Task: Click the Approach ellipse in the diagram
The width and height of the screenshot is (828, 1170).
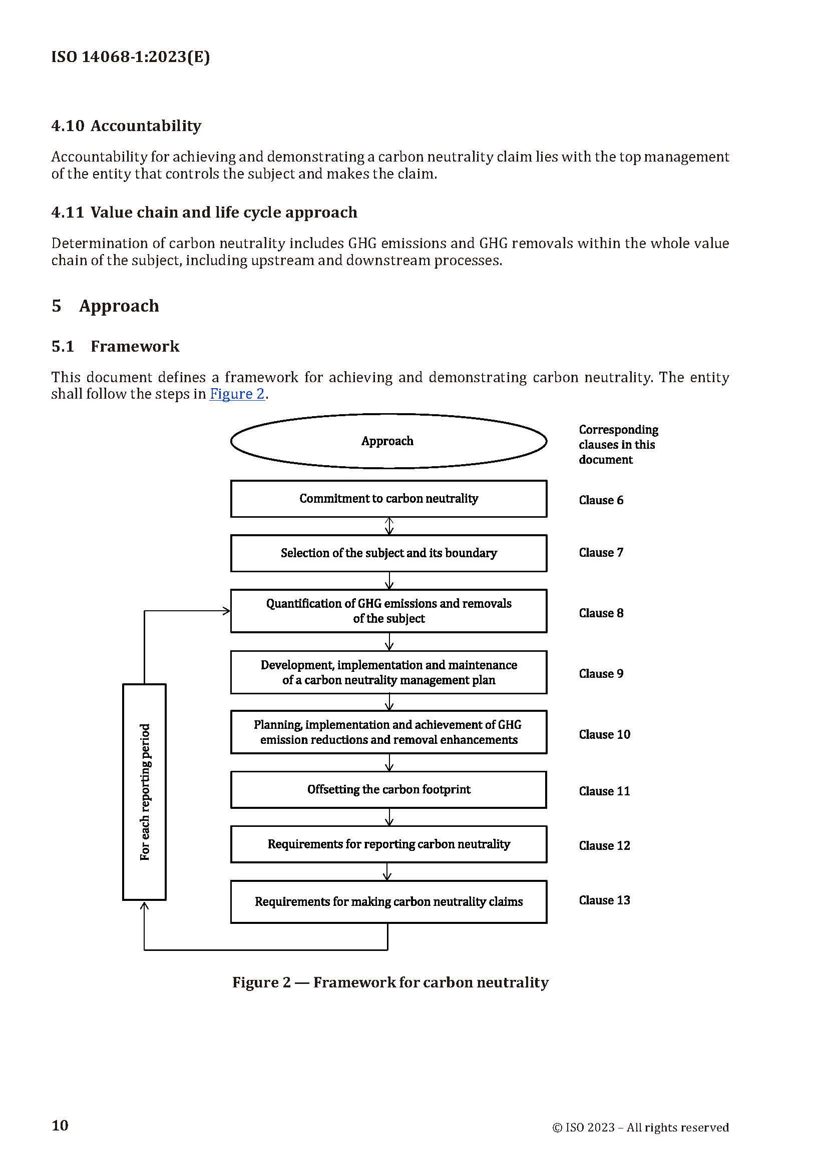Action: pyautogui.click(x=388, y=441)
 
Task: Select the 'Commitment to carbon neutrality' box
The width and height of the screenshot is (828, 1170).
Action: pyautogui.click(x=388, y=498)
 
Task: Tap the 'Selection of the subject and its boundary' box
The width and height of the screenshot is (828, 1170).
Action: pyautogui.click(x=388, y=553)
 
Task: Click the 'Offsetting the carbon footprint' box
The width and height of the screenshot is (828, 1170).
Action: pyautogui.click(x=388, y=789)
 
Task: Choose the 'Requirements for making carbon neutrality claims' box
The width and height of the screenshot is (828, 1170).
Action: pyautogui.click(x=388, y=901)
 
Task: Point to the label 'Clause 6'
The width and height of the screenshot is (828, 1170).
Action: pyautogui.click(x=601, y=500)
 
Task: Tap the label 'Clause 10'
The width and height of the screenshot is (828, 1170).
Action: pyautogui.click(x=604, y=734)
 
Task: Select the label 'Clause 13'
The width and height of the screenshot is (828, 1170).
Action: pyautogui.click(x=604, y=900)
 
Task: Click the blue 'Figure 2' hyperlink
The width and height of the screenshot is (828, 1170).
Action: pyautogui.click(x=237, y=394)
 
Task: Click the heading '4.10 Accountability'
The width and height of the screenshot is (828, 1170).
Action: pyautogui.click(x=127, y=126)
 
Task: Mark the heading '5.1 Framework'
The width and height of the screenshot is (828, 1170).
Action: pyautogui.click(x=115, y=346)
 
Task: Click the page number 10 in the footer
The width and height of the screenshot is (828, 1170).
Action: pyautogui.click(x=60, y=1125)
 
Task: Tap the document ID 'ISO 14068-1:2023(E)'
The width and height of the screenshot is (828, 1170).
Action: pyautogui.click(x=131, y=57)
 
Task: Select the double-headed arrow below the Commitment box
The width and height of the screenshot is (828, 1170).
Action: pyautogui.click(x=389, y=526)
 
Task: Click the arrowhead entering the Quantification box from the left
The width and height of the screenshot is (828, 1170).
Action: pyautogui.click(x=226, y=610)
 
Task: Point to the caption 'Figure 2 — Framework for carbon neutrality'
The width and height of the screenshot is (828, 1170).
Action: pyautogui.click(x=390, y=982)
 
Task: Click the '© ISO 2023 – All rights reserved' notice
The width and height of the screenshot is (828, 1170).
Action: pyautogui.click(x=640, y=1127)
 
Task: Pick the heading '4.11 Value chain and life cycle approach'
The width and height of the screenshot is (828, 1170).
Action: pyautogui.click(x=204, y=212)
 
